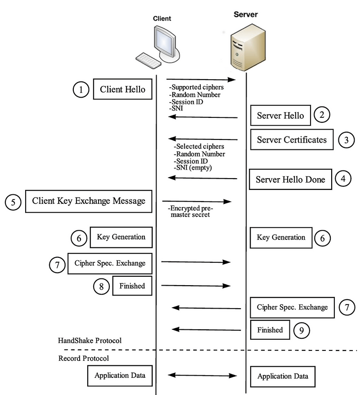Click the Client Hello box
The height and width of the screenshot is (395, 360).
coord(122,90)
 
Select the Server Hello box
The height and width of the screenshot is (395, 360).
coord(280,116)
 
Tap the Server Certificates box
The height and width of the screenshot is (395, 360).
coord(292,139)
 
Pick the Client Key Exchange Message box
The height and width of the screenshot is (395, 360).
coord(89,201)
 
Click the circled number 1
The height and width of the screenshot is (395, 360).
coord(81,90)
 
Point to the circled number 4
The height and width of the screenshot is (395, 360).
coord(343,178)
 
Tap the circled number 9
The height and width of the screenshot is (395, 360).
coord(301,330)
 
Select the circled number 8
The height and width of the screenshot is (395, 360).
coord(101,285)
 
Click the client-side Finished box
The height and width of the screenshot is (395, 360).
coord(131,285)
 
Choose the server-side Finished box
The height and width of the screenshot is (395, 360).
coord(270,330)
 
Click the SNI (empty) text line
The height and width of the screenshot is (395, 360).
coord(193,167)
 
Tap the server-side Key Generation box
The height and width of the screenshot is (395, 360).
coord(280,237)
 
